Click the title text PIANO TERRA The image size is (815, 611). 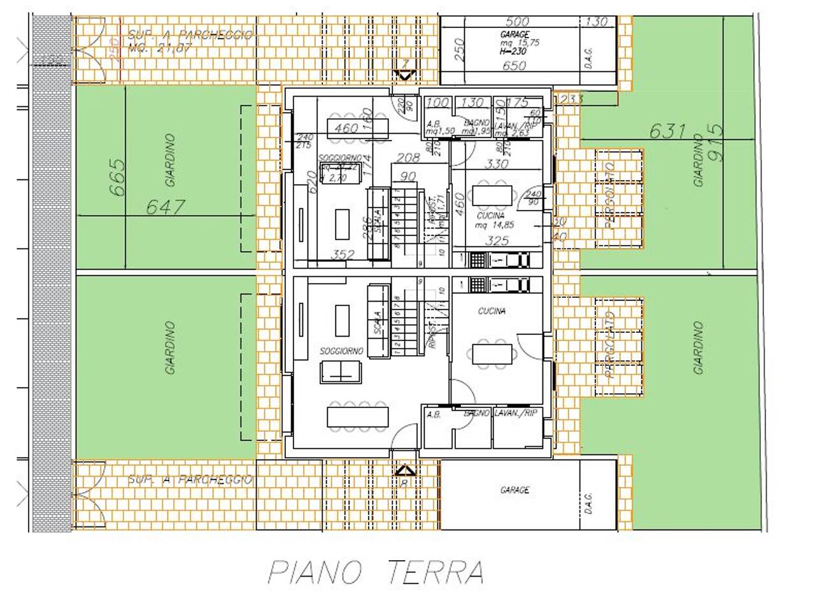coord(376,572)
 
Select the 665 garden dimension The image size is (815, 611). coord(117,178)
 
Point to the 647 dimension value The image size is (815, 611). coord(166,207)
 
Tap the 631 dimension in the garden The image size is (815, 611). coord(667,131)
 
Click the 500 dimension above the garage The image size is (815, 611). coord(516,22)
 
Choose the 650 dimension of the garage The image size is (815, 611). coord(514,65)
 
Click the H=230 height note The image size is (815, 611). coord(513,50)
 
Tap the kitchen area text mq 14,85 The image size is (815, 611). coord(495,225)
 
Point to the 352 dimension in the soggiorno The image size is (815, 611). coord(343,255)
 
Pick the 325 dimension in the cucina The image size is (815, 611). coord(497,241)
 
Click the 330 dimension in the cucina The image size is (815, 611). coord(496,164)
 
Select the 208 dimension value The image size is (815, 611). coord(408,158)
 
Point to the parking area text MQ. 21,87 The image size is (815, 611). coord(159,48)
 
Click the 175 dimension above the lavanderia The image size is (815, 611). coord(519,102)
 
